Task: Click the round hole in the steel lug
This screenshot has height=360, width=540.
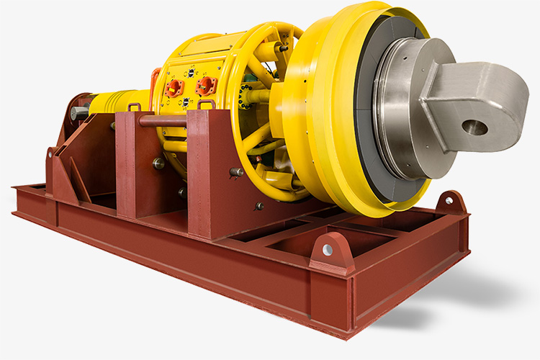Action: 475,128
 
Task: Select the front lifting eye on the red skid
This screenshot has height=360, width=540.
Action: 328,248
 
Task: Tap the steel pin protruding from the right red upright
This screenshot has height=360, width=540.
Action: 236,172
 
